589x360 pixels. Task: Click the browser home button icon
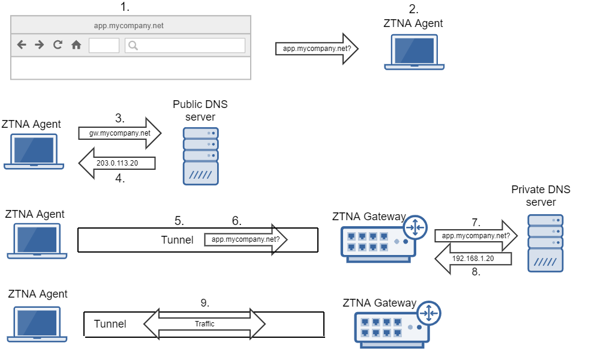pos(76,44)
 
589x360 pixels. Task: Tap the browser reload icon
pos(58,44)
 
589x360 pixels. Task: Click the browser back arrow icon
pos(22,44)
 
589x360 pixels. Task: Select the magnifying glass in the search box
pos(133,45)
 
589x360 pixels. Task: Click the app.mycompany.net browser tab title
pos(129,25)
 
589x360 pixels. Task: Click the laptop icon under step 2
pos(414,52)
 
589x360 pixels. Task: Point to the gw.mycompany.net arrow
pos(120,133)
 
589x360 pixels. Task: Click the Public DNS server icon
pos(200,156)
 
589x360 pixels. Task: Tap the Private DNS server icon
pos(545,243)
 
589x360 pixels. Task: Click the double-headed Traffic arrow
pos(205,324)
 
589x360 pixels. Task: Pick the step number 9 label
pos(205,303)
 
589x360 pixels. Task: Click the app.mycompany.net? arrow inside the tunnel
pos(246,239)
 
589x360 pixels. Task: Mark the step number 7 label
pos(476,222)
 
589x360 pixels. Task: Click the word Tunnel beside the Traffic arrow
pos(110,324)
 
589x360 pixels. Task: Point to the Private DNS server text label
pos(540,196)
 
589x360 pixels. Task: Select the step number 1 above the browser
pos(124,7)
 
